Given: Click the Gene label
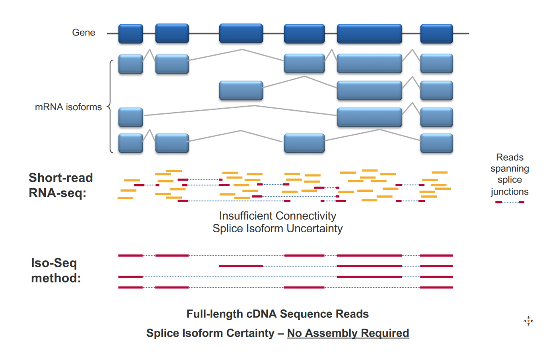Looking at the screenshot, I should click(x=84, y=33).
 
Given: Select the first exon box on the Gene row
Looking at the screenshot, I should click(x=130, y=33).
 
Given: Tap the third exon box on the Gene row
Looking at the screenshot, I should click(x=241, y=33).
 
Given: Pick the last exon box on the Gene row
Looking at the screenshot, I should click(x=436, y=33).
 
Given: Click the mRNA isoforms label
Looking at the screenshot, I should click(x=68, y=107).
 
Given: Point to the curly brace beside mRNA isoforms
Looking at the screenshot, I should click(x=110, y=107).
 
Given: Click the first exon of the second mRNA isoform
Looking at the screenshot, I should click(x=241, y=90).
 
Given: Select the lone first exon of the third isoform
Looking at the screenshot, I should click(x=130, y=117).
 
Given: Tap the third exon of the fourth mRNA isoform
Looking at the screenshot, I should click(x=304, y=143).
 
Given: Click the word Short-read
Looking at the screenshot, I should click(x=61, y=177).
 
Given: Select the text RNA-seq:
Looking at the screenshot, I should click(x=58, y=193).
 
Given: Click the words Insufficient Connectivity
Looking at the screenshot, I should click(x=278, y=216).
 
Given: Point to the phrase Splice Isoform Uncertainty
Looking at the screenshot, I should click(x=278, y=228).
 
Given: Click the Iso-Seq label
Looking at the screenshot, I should click(x=54, y=263).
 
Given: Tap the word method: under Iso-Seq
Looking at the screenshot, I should click(x=56, y=278).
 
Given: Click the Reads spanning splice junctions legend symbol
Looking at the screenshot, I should click(x=510, y=202).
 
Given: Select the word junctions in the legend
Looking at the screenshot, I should click(x=510, y=192).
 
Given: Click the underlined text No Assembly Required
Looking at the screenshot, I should click(x=348, y=333).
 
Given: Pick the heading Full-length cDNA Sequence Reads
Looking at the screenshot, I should click(x=278, y=314).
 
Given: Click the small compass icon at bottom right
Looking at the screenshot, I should click(x=528, y=321).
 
